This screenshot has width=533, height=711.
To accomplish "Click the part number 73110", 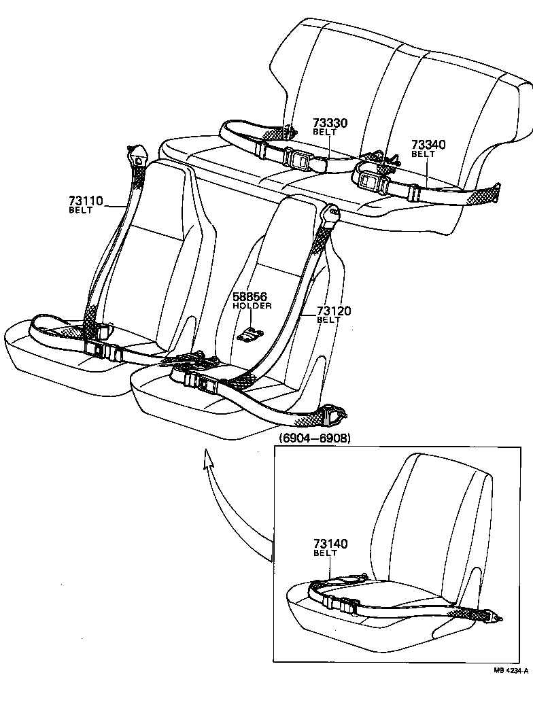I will (x=85, y=201).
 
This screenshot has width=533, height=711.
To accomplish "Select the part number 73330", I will (x=330, y=123).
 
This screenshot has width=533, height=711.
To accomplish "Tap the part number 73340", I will (x=428, y=145).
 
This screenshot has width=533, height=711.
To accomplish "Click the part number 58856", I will (x=250, y=297).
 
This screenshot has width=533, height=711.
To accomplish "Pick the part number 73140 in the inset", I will (x=330, y=544).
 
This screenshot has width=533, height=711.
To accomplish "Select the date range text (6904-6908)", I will (x=315, y=438).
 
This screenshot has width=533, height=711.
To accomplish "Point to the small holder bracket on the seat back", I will (x=251, y=333).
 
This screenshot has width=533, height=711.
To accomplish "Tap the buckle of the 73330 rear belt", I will (x=298, y=158).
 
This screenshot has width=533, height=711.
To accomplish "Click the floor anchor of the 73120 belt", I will (x=337, y=412).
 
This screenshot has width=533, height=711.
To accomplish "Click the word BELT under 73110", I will (x=80, y=210).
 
